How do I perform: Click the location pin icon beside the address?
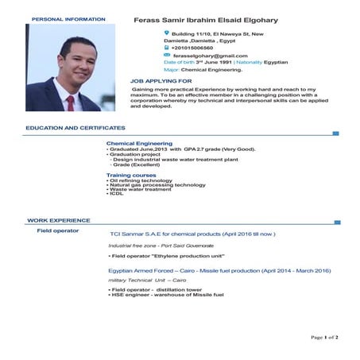coord(167,33)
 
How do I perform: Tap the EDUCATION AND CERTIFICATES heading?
coord(75,127)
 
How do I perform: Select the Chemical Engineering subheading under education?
coord(139,143)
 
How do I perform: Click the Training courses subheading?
coord(131,175)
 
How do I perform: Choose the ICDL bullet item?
coord(116,194)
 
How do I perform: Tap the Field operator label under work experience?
coord(58,230)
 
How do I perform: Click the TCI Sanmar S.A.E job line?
coord(192,234)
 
